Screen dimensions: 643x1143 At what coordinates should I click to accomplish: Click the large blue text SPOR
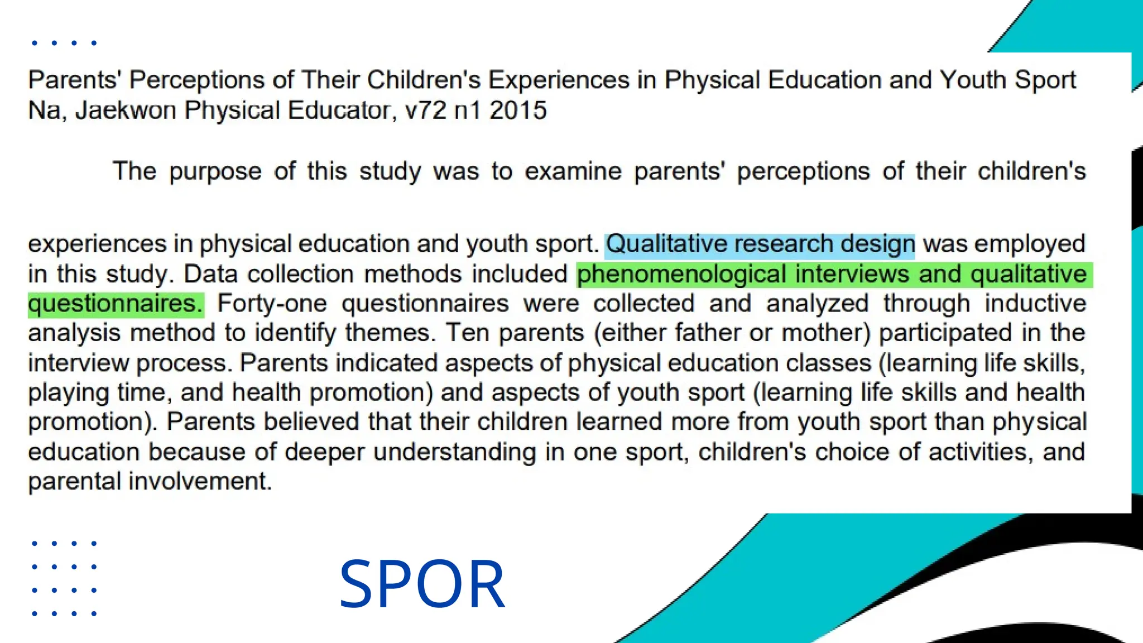[422, 584]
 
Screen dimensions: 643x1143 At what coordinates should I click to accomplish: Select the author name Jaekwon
[126, 111]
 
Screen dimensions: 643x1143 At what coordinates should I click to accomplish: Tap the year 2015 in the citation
[518, 111]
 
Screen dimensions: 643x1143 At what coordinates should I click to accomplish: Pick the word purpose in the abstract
[215, 171]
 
